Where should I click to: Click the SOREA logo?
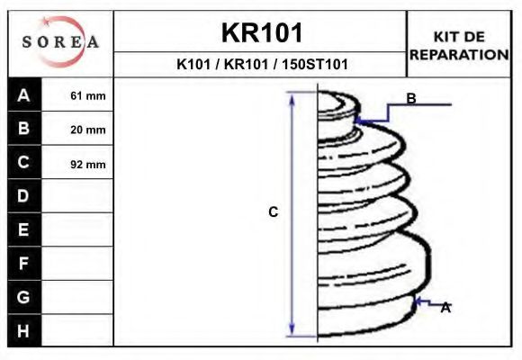pyautogui.click(x=60, y=41)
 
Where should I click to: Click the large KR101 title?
pyautogui.click(x=262, y=32)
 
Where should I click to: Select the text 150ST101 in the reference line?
pyautogui.click(x=315, y=64)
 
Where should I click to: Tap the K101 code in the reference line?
pyautogui.click(x=193, y=64)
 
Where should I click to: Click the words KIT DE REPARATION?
pyautogui.click(x=459, y=46)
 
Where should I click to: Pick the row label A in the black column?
pyautogui.click(x=23, y=95)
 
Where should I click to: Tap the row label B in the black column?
pyautogui.click(x=23, y=128)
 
